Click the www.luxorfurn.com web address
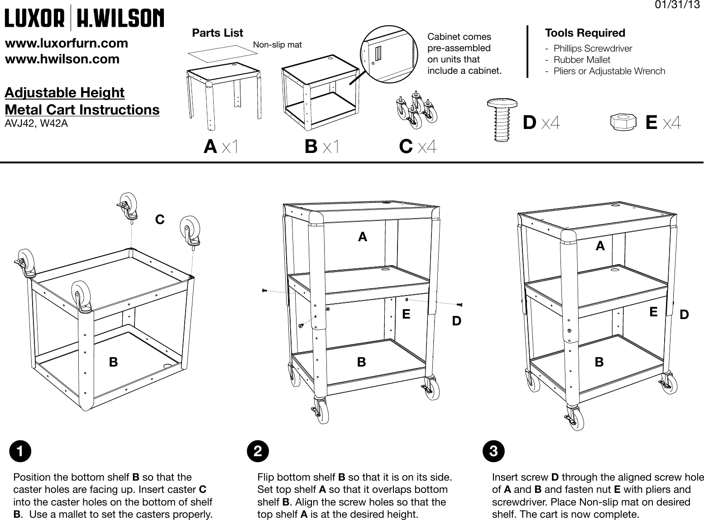click(x=66, y=43)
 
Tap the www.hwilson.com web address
click(x=62, y=59)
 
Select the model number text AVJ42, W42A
click(x=36, y=123)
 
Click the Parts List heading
click(x=217, y=33)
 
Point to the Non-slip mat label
click(x=277, y=44)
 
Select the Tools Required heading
click(x=585, y=33)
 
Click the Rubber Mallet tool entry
click(x=582, y=60)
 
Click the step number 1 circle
click(x=21, y=451)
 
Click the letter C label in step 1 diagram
click(x=160, y=220)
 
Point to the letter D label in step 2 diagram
click(x=457, y=321)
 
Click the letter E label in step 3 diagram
click(x=653, y=312)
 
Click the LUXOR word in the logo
click(x=34, y=18)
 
